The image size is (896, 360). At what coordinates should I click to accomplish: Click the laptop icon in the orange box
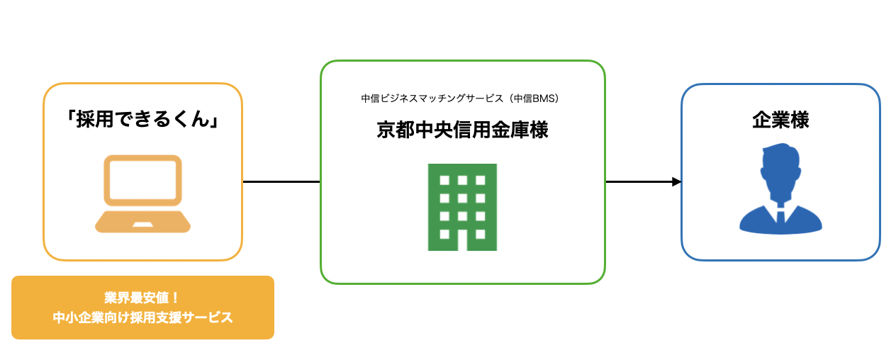point(142,193)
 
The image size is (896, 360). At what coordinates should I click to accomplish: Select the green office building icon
point(462,207)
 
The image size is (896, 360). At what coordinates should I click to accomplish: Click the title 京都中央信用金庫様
point(462,131)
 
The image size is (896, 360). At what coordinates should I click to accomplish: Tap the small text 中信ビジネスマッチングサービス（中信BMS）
point(462,99)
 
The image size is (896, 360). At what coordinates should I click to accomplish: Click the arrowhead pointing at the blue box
point(676,182)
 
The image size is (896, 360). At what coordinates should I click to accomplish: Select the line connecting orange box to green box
point(281,182)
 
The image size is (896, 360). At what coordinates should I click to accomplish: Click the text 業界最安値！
point(142,298)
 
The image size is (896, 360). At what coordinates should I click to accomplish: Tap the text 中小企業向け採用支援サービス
point(142,317)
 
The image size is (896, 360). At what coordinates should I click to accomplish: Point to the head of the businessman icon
point(780,163)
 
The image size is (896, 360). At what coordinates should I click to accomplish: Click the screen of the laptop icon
point(142,180)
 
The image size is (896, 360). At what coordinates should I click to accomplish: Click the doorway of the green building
point(462,240)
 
